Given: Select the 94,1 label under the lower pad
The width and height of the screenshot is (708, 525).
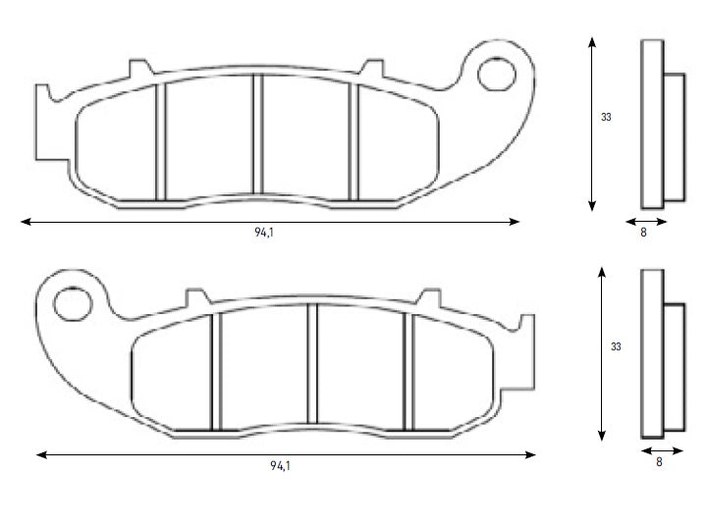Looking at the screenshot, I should [x=280, y=465].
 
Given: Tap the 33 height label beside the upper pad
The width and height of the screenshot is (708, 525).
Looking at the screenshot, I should [x=606, y=117].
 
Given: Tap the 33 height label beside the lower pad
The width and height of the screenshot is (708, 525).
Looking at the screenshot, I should [x=616, y=346].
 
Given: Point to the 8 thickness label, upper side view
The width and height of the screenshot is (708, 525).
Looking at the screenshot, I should [x=643, y=234].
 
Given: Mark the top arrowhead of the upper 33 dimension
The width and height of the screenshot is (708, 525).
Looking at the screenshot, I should [x=591, y=42].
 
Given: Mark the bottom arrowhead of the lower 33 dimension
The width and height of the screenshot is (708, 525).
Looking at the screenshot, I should [x=600, y=437].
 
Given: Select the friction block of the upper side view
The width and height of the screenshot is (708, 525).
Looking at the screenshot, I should [x=676, y=137].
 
